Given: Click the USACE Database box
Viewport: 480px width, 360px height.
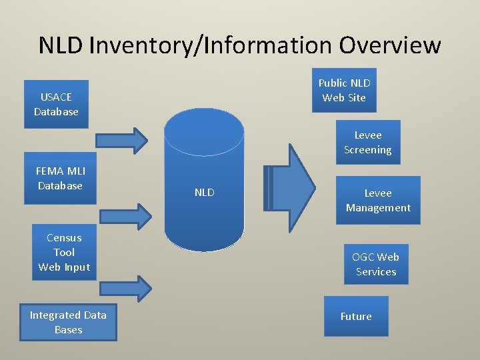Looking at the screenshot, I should (x=56, y=104).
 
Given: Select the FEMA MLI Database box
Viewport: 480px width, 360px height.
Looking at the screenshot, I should (x=60, y=179).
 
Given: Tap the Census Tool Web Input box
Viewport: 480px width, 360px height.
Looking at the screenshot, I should (x=64, y=252).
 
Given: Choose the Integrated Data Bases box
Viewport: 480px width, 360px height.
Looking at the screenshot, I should (x=68, y=323).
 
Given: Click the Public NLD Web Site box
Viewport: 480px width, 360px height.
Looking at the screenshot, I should (x=344, y=90).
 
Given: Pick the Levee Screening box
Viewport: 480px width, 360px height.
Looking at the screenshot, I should (x=367, y=143).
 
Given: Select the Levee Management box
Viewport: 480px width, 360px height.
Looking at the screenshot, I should (x=378, y=200).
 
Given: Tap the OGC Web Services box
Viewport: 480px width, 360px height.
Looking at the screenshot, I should (x=376, y=264).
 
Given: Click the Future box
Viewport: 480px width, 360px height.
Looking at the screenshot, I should (x=356, y=316).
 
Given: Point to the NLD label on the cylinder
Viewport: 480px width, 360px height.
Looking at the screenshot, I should (x=204, y=193).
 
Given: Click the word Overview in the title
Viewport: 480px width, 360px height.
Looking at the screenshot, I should (x=390, y=45).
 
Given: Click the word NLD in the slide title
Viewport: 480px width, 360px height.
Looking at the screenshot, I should (x=61, y=45).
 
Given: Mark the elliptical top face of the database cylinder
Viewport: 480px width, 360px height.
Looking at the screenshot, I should (x=204, y=131).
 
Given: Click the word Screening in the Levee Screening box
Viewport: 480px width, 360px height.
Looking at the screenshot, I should (x=367, y=150).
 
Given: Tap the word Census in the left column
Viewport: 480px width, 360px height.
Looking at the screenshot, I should (x=64, y=237).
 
